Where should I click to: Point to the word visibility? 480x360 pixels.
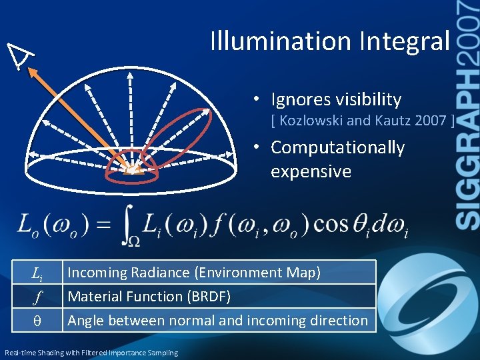(369, 100)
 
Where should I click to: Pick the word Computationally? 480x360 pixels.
(337, 147)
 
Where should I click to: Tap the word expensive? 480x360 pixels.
(311, 171)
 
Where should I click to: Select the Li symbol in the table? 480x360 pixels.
(37, 273)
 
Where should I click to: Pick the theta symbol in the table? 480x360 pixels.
(37, 321)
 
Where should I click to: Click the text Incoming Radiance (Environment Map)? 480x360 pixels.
(194, 273)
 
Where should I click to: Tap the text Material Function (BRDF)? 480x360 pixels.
(149, 297)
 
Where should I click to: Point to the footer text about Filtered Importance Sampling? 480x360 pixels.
(91, 353)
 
